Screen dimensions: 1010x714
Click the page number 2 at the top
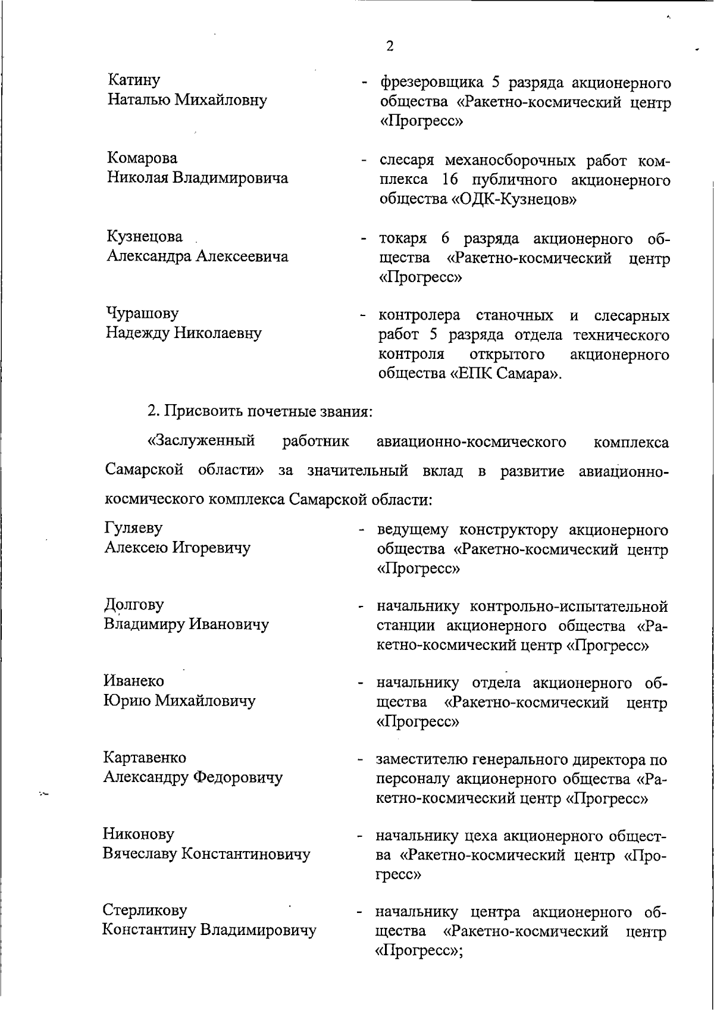point(390,46)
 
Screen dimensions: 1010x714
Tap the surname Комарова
point(142,158)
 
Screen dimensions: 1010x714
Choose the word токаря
point(403,239)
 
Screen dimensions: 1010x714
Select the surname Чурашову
point(142,314)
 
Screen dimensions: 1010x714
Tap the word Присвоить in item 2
point(203,411)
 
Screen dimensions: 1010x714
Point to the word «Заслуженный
point(201,442)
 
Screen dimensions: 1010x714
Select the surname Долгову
point(134,605)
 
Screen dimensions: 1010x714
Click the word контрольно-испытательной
point(568,606)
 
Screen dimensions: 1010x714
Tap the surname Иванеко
point(134,681)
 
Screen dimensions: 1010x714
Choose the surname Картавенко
point(145,758)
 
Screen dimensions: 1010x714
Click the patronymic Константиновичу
point(245,854)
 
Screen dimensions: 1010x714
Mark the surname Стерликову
point(145,911)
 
